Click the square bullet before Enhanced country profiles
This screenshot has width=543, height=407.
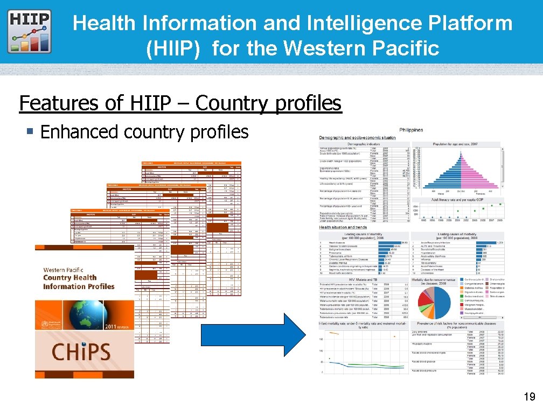31,132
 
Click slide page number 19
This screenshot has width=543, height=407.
528,397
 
